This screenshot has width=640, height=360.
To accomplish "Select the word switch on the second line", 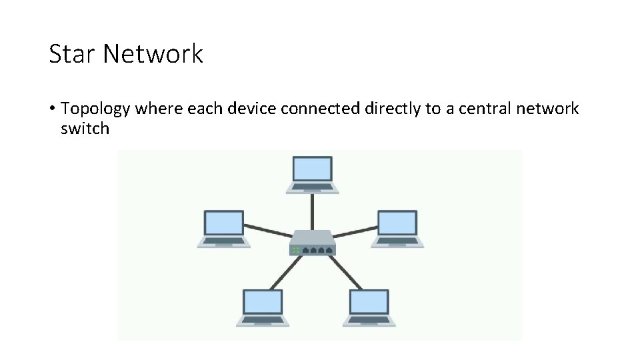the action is (84, 129).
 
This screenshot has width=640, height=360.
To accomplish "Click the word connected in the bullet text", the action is (321, 109).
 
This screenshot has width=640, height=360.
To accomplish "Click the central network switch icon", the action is (313, 243).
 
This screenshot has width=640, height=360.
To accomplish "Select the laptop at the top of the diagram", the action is (313, 175).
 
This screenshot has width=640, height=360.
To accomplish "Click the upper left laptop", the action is (224, 229).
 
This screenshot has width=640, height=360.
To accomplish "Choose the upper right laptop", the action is (398, 229).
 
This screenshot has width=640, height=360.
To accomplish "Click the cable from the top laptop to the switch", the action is (313, 211).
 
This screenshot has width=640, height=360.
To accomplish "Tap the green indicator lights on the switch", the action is (295, 250).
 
